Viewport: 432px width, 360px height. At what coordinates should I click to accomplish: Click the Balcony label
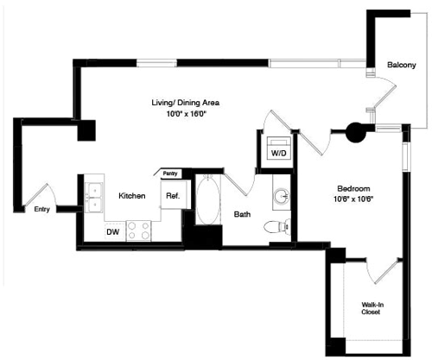[x=401, y=66]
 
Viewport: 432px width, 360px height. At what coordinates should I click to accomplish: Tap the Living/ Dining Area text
[x=181, y=103]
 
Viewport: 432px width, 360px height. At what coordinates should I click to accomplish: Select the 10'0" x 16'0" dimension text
[x=181, y=113]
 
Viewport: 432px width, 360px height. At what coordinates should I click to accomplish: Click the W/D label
[x=278, y=153]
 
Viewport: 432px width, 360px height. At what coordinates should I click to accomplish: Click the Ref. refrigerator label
[x=172, y=196]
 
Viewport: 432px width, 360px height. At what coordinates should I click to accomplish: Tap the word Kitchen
[x=131, y=196]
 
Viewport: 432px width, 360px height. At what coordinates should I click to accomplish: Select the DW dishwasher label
[x=112, y=231]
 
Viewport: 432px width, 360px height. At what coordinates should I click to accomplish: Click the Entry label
[x=41, y=210]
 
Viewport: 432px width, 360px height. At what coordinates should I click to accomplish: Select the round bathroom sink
[x=282, y=196]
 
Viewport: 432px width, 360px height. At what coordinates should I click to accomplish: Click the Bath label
[x=243, y=215]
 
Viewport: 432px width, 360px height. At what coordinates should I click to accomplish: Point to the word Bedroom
[x=353, y=188]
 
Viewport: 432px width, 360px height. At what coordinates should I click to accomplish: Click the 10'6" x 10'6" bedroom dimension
[x=353, y=199]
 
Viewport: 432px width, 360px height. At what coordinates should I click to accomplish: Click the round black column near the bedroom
[x=354, y=132]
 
